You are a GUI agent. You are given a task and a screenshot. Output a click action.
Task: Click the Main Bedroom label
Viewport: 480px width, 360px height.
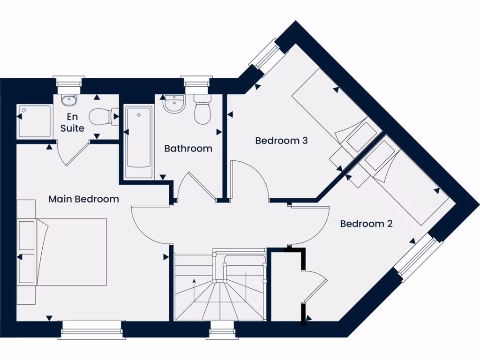(83, 199)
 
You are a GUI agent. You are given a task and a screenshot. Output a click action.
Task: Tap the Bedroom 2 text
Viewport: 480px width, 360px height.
(366, 224)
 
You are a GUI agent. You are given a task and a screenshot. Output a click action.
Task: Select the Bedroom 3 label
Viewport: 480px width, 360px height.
(281, 141)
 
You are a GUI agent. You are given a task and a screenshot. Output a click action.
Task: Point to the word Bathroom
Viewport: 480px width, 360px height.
(188, 149)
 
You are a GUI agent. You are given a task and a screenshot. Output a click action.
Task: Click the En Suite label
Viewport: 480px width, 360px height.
(72, 122)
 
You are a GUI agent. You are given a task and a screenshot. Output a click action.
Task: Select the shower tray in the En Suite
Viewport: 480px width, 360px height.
(35, 121)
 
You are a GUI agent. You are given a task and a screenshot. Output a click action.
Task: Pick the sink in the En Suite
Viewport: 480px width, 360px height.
(69, 100)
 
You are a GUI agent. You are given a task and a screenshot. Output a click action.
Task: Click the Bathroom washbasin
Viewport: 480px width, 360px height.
(174, 104)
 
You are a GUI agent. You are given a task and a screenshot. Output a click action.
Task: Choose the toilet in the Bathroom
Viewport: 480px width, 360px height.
(202, 111)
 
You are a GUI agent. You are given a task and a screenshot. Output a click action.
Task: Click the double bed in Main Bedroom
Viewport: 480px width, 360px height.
(70, 252)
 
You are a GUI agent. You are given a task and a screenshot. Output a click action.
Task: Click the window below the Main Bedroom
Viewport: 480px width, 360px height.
(91, 330)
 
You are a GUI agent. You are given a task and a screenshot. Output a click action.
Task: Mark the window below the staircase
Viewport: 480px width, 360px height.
(222, 331)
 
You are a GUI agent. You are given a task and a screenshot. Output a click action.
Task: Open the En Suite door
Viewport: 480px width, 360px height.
(75, 153)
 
